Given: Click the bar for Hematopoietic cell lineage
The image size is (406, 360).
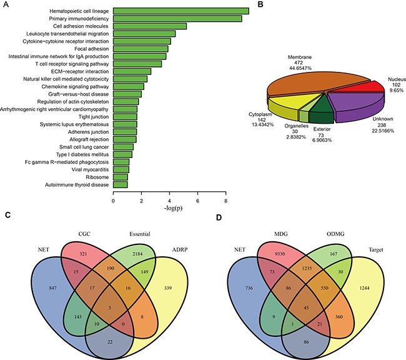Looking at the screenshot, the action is [181, 11].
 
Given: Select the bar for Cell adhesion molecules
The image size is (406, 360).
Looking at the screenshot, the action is [150, 26].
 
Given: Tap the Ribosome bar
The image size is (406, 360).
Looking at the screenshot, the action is [121, 177].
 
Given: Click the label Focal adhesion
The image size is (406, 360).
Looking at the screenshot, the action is [92, 49].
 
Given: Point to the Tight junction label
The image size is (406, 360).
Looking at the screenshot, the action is [94, 117].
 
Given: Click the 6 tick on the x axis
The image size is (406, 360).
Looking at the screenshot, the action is [197, 201].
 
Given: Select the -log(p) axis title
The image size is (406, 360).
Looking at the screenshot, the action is [173, 208].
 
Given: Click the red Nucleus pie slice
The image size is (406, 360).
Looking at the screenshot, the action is [357, 87].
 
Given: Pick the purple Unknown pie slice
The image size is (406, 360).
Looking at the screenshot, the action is [358, 105].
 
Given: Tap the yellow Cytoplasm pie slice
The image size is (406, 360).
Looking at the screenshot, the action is [292, 104].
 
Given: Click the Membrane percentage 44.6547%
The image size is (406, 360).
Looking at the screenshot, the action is [300, 68].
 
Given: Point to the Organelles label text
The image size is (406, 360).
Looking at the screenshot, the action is [297, 126].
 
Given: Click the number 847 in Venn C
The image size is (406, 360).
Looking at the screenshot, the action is [53, 288].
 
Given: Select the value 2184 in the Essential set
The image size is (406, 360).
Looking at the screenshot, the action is [137, 254].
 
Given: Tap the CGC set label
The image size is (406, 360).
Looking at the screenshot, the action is [84, 234].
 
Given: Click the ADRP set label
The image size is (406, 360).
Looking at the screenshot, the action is [180, 250].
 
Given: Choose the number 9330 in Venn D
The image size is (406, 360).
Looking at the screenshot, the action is [280, 254].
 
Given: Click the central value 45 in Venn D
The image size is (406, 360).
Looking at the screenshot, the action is [306, 308].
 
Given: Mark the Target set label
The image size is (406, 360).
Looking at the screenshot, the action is [376, 250].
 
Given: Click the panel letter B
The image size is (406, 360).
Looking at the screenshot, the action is [260, 4].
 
